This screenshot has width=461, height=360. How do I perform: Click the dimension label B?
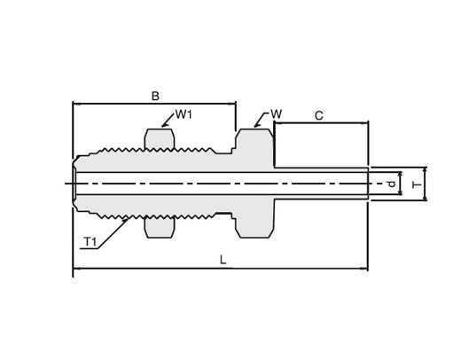pos(155,96)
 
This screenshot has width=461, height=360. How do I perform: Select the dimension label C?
pos(319,115)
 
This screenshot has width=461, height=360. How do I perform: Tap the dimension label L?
pos(223,260)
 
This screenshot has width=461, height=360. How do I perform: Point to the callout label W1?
pos(184,114)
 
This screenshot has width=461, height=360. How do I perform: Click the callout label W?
pos(277,114)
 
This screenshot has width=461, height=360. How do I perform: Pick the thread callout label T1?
pos(90,242)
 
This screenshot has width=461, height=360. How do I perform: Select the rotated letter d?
pos(392,184)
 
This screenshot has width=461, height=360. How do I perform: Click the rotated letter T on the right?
pos(418,184)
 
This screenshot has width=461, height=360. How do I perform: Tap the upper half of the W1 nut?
pos(159,139)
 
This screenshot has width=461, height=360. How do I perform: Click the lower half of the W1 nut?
pos(159,227)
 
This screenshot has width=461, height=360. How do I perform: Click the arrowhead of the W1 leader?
pos(163,125)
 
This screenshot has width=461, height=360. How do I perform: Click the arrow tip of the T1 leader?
pos(129,219)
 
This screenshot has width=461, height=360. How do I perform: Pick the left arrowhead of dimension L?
pos(75,269)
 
